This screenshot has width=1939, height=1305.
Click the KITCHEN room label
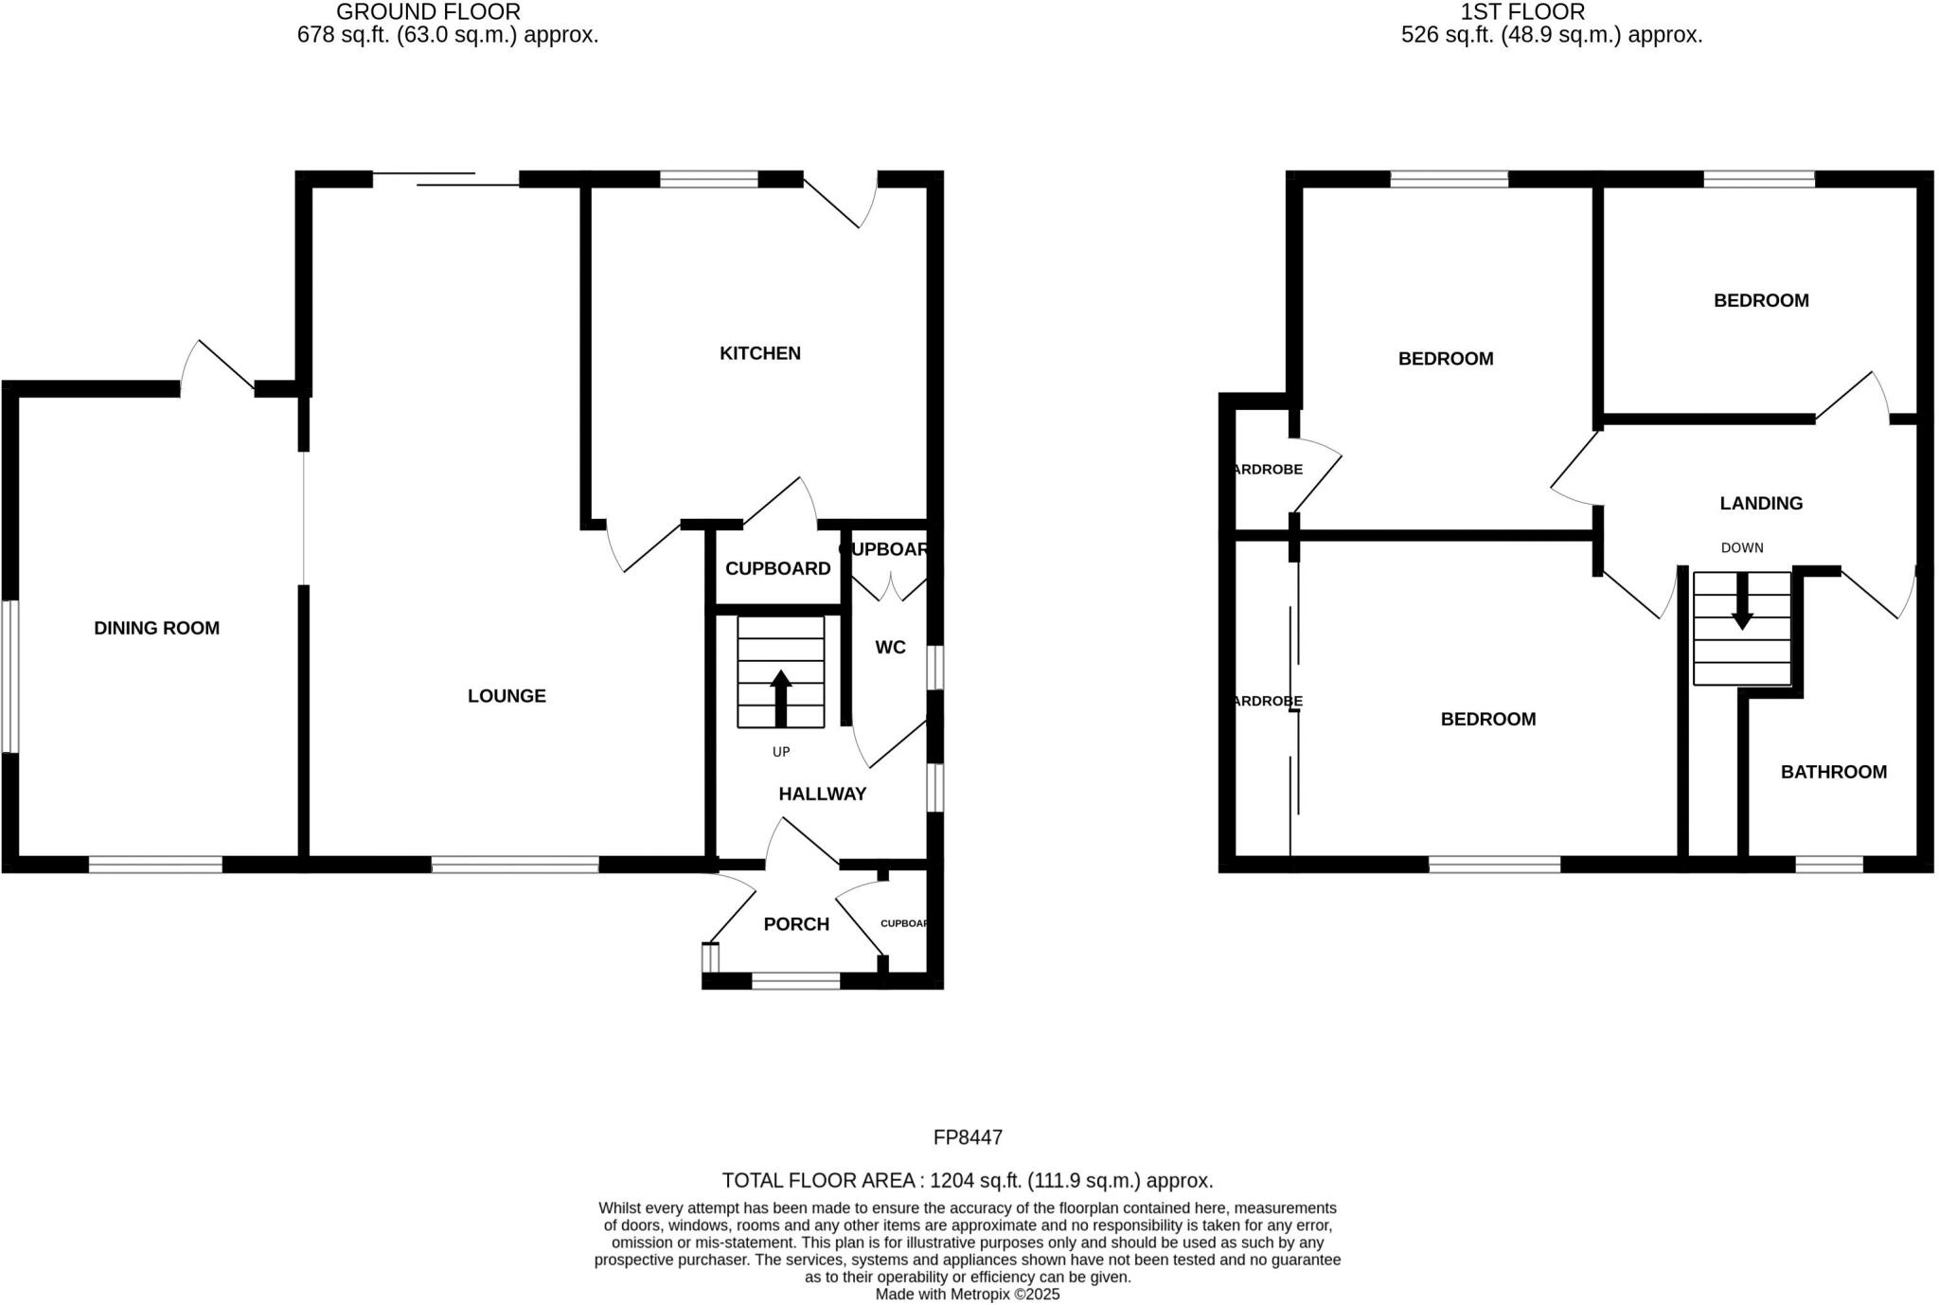759,353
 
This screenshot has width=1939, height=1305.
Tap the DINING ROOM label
156,628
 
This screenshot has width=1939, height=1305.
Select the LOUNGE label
507,696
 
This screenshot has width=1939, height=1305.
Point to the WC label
890,648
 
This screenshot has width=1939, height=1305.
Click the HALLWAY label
822,795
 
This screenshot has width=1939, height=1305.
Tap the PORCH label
796,924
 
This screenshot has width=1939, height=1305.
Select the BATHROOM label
1833,772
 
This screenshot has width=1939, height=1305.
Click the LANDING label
1761,504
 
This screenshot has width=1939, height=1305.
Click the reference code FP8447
968,1137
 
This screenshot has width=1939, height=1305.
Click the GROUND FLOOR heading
428,12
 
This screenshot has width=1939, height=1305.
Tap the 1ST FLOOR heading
1522,12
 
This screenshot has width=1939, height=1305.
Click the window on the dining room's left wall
9,676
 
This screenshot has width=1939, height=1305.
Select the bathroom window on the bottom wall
1829,864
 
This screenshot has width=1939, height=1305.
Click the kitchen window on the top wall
708,179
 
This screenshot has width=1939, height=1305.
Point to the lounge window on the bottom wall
515,864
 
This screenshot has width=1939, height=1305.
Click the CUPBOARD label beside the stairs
777,568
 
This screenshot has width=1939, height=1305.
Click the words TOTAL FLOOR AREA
819,1181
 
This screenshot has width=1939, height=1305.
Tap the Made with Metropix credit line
967,1294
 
